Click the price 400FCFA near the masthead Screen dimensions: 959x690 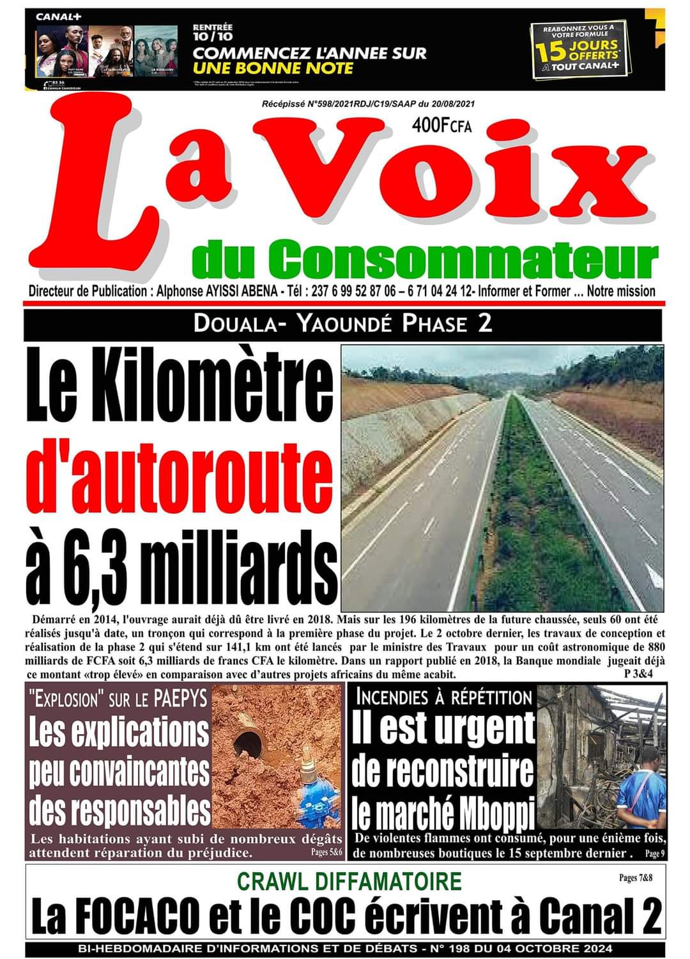441,126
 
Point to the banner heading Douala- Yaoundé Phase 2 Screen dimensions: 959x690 343,324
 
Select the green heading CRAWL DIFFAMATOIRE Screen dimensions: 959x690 349,881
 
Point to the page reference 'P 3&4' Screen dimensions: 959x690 643,674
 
